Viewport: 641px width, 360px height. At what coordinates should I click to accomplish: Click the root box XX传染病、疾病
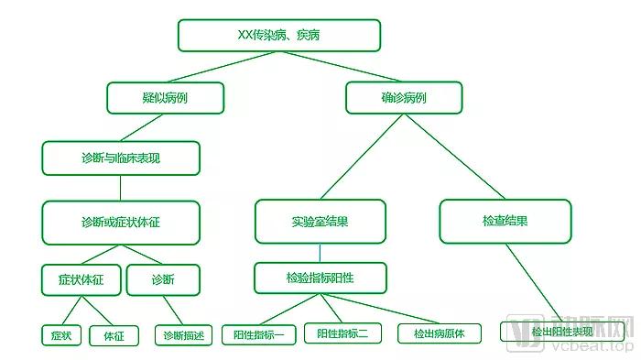(x=278, y=36)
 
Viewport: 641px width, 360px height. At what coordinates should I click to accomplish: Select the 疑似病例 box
(x=165, y=98)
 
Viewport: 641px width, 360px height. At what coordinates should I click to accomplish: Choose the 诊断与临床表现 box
(x=120, y=158)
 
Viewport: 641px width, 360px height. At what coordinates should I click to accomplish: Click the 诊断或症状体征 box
(x=120, y=222)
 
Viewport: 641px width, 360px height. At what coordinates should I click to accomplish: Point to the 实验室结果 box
(x=320, y=222)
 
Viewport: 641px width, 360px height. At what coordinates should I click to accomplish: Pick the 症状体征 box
(x=81, y=279)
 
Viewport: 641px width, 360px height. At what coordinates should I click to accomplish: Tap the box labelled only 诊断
(x=162, y=279)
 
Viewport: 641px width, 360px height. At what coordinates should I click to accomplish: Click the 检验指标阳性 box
(x=320, y=277)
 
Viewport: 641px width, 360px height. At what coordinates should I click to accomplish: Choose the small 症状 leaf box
(x=61, y=335)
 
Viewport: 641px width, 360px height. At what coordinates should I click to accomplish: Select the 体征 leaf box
(x=114, y=335)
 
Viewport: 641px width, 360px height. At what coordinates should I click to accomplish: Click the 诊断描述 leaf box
(x=183, y=335)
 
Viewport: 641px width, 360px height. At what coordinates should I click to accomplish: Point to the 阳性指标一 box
(x=259, y=334)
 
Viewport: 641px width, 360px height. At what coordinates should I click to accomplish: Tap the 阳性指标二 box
(x=342, y=334)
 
